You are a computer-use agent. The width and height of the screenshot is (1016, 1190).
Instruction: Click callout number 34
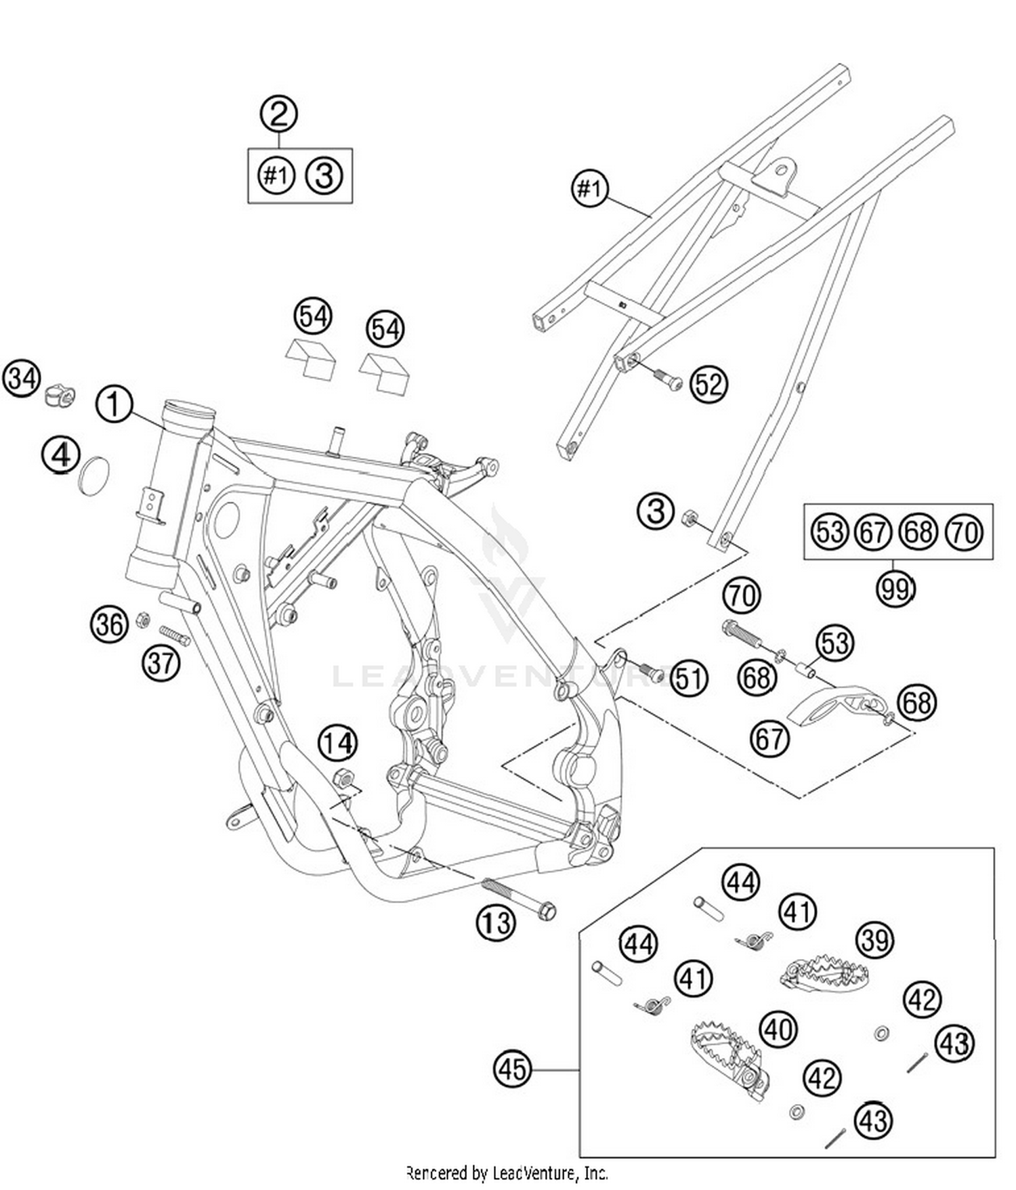click(22, 379)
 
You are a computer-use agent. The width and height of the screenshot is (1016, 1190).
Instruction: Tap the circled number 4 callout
click(60, 455)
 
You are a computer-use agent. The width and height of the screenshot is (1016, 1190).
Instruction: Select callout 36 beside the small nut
click(109, 624)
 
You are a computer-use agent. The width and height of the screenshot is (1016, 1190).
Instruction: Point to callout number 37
click(161, 662)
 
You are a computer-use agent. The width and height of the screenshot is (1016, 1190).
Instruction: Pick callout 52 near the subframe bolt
click(708, 384)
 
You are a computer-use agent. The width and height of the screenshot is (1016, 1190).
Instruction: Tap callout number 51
click(689, 678)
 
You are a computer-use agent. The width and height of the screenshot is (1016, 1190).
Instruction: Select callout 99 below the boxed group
click(895, 590)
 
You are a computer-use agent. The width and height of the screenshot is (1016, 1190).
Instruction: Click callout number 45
click(513, 1069)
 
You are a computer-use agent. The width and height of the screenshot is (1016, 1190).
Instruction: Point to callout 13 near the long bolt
click(496, 922)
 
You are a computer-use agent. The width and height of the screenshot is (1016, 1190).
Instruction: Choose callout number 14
click(338, 744)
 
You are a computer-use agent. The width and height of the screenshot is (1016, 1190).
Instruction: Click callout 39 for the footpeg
click(875, 940)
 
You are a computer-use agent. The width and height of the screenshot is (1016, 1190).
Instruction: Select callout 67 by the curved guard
click(770, 738)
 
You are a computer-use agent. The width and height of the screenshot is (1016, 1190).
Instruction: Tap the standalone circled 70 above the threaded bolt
click(742, 596)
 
